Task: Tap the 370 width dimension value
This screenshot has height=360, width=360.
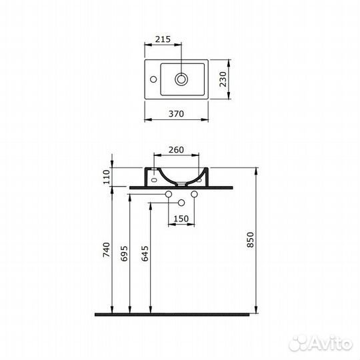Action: click(175, 114)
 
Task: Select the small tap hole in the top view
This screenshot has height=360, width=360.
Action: click(153, 79)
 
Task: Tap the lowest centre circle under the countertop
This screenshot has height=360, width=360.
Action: click(181, 201)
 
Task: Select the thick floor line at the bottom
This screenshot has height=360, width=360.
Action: click(175, 313)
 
